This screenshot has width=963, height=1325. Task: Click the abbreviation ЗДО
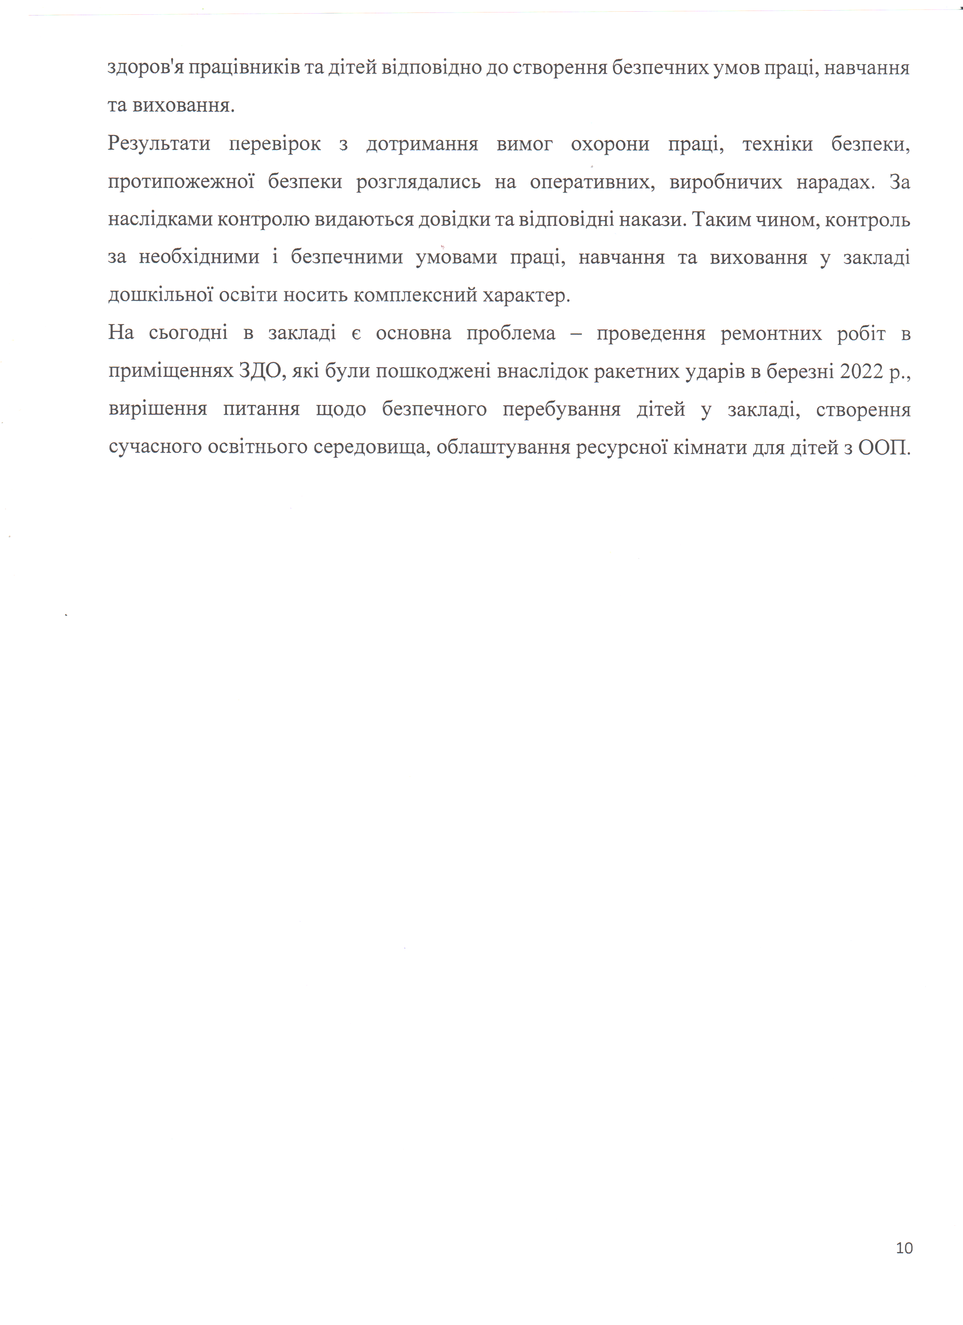click(261, 371)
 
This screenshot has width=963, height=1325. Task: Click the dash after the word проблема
click(576, 334)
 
